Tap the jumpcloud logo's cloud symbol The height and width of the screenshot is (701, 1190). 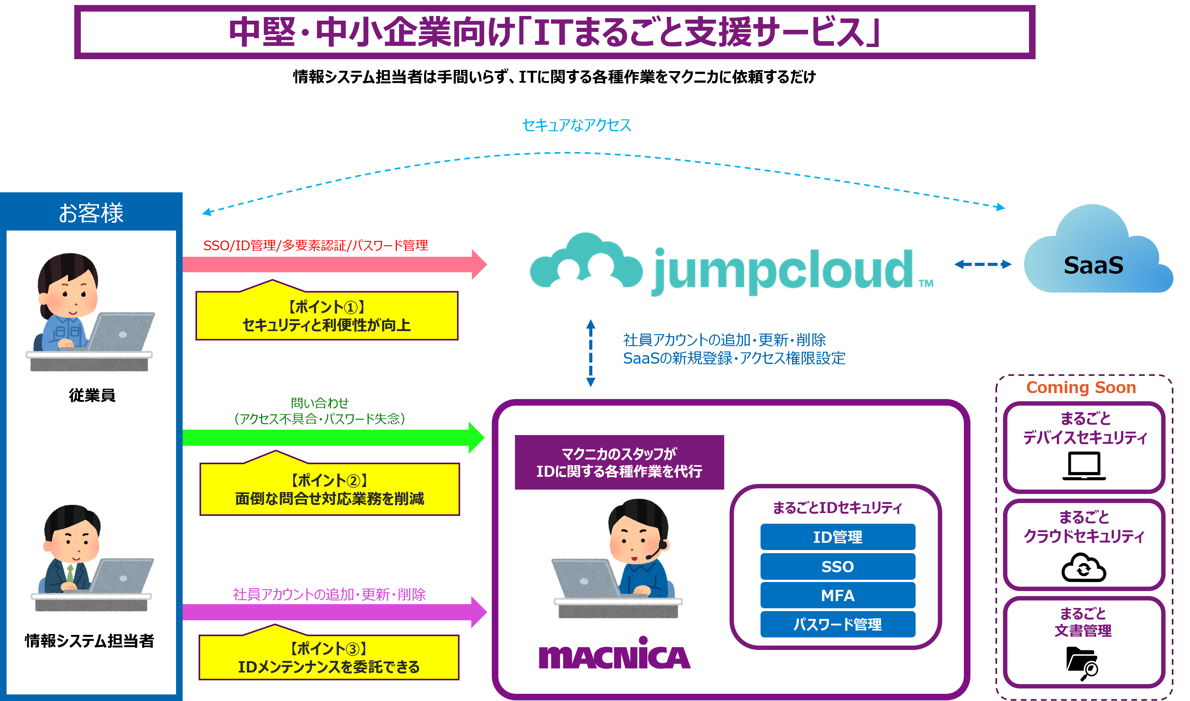(586, 262)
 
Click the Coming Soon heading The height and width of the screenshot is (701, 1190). (1081, 387)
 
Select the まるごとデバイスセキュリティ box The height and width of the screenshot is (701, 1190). (1084, 446)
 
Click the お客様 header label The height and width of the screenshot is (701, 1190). (91, 213)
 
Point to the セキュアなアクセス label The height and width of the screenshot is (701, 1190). (576, 125)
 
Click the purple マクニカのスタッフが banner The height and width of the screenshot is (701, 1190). (619, 462)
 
